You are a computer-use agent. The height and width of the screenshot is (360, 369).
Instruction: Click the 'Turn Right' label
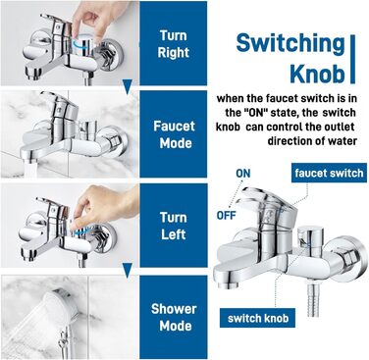tap(174, 44)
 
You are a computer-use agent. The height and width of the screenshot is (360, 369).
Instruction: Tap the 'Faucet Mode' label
tap(174, 134)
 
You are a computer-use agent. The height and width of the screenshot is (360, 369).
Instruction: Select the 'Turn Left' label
tap(174, 226)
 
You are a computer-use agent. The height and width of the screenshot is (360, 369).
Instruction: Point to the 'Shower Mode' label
tap(174, 317)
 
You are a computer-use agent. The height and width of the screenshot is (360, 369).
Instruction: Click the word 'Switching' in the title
tap(290, 44)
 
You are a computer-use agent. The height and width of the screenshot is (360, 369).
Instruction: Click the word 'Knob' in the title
tap(317, 74)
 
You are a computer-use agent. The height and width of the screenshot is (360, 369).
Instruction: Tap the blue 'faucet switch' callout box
tap(329, 173)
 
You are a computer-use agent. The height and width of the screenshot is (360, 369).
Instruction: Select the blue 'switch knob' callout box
tap(258, 318)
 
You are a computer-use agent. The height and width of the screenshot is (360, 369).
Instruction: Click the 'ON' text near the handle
tap(243, 174)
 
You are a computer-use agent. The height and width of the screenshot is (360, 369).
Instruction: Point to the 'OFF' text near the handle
tap(226, 216)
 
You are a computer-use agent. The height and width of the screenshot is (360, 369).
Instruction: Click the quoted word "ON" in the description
tap(253, 113)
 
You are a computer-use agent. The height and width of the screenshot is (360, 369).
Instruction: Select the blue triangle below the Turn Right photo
tap(128, 86)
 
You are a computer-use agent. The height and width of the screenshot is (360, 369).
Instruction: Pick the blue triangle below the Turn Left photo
tap(128, 270)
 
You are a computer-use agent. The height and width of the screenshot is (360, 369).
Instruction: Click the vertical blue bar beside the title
tap(352, 59)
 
